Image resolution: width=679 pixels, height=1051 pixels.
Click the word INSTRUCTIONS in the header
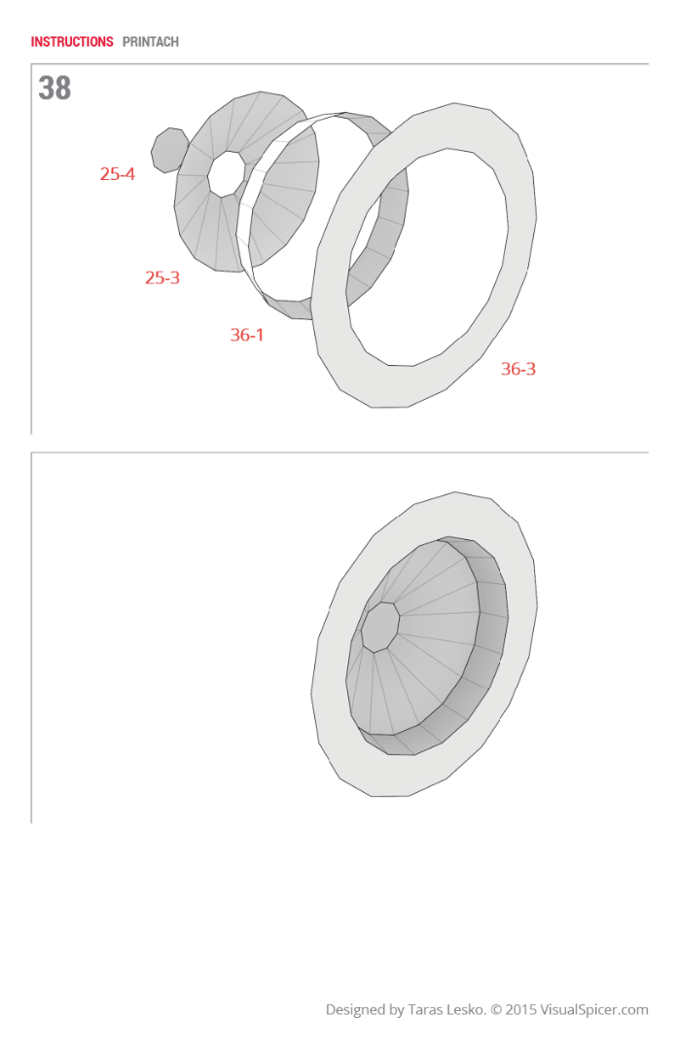[x=72, y=42]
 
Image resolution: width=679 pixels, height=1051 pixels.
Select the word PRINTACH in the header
[x=151, y=42]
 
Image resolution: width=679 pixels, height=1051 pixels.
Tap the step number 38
[x=54, y=89]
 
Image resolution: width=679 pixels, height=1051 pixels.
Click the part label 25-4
[x=117, y=174]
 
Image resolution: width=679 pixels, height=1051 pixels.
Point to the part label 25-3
[x=162, y=277]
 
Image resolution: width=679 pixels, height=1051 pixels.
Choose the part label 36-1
[x=247, y=335]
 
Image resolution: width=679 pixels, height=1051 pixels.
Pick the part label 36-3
[x=518, y=369]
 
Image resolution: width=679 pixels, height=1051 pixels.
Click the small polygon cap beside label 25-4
[x=169, y=150]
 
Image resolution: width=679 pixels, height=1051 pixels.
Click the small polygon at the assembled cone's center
[x=380, y=627]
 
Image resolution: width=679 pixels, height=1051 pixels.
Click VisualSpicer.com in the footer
[x=594, y=1010]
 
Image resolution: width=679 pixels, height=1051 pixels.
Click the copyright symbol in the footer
[x=496, y=1010]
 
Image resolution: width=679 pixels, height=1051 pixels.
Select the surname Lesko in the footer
[x=468, y=1010]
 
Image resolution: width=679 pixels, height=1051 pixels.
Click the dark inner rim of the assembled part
[x=490, y=642]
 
